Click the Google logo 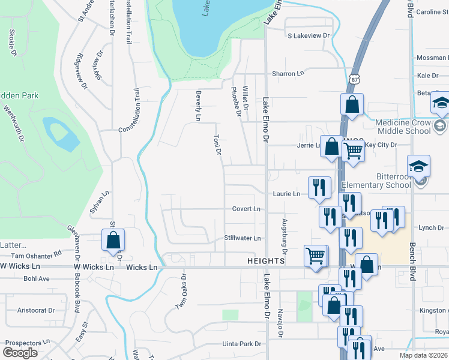point(20,353)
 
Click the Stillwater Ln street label point(243,238)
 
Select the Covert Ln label point(247,209)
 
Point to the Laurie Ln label point(287,194)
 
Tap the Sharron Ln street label point(288,73)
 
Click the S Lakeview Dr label point(309,36)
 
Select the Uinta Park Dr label point(242,344)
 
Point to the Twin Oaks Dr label point(181,292)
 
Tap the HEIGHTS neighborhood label point(265,261)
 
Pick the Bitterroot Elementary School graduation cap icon point(418,166)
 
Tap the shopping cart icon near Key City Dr point(353,153)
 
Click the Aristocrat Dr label point(36,310)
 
